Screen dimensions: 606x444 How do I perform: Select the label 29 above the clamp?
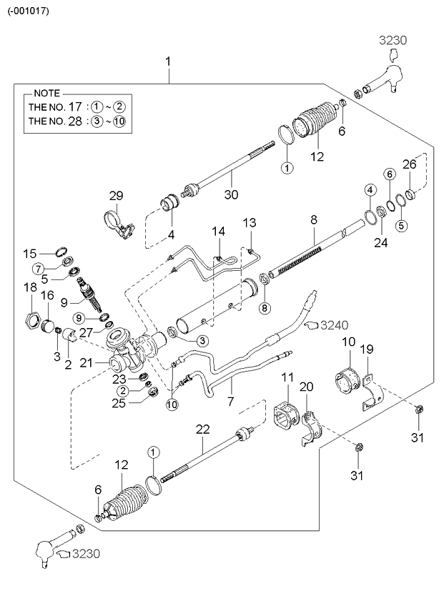click(117, 195)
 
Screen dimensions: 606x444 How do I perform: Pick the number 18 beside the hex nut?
click(29, 287)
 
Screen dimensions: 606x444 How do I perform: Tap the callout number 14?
click(218, 232)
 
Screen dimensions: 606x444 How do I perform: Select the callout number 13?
click(249, 223)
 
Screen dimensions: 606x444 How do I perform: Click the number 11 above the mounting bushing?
click(287, 377)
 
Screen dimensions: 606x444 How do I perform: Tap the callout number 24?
click(380, 242)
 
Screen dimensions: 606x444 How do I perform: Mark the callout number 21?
click(87, 363)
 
